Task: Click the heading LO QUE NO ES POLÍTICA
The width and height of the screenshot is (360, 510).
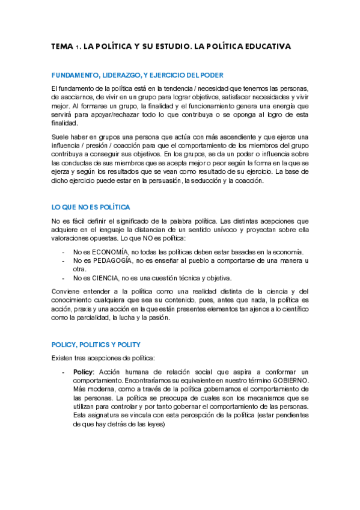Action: pyautogui.click(x=91, y=207)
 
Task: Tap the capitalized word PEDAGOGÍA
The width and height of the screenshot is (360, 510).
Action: pyautogui.click(x=115, y=260)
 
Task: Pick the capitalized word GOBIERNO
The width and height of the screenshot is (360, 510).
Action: pyautogui.click(x=288, y=381)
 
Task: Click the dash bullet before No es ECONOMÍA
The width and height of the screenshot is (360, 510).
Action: pyautogui.click(x=63, y=251)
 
